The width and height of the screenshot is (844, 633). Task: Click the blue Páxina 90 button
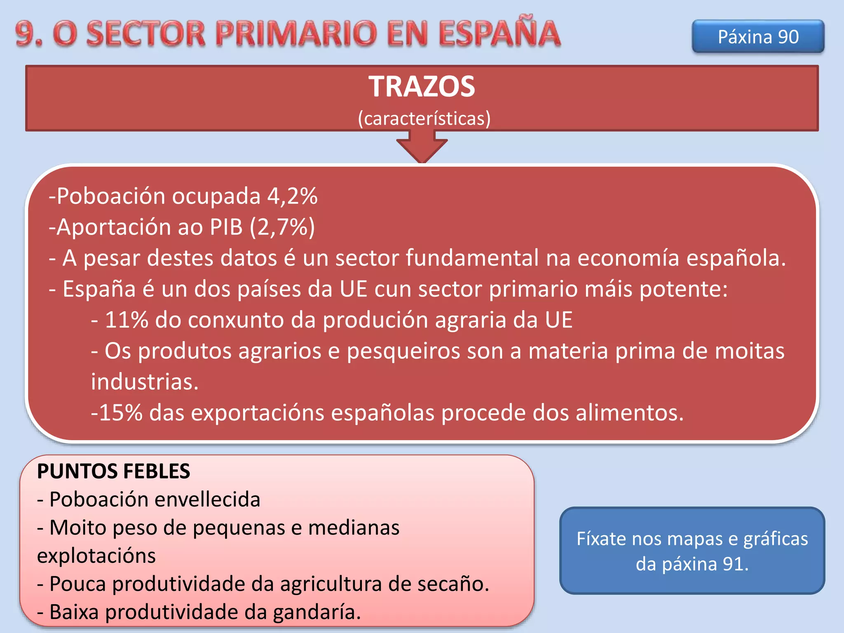[758, 37]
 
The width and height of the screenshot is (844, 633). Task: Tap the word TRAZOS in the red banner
[422, 87]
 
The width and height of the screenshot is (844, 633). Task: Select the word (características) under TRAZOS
[424, 119]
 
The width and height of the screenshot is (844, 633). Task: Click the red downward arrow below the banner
[422, 148]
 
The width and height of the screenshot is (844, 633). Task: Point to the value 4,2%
[292, 196]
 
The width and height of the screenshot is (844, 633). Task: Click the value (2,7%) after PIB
[282, 227]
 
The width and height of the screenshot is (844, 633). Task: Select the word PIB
[226, 227]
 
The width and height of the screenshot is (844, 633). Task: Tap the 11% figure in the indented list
[127, 320]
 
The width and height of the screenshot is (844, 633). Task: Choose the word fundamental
[472, 258]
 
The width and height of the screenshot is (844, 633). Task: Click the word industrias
[145, 382]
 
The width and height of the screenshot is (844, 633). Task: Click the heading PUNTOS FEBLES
[113, 471]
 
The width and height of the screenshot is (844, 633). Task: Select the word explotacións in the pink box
[96, 556]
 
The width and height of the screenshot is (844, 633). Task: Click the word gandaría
[316, 612]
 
